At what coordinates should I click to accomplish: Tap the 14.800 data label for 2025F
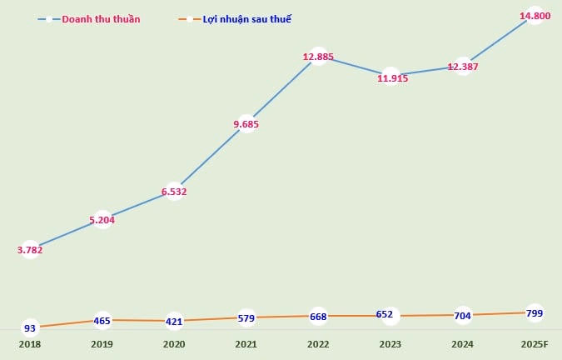click(x=535, y=15)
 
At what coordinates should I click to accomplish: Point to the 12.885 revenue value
click(x=318, y=57)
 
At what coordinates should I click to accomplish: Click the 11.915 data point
click(x=390, y=77)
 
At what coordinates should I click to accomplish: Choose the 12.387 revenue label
click(x=463, y=66)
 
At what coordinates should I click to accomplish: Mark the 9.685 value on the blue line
click(x=246, y=124)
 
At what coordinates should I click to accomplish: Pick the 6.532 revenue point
click(x=173, y=191)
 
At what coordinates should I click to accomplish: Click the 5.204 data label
click(x=102, y=220)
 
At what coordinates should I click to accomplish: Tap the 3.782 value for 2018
click(x=30, y=249)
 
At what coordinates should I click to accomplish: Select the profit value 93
click(x=30, y=328)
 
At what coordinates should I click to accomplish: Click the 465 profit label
click(x=102, y=320)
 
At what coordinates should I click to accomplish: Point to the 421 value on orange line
click(x=173, y=321)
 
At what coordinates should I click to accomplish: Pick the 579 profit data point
click(x=246, y=317)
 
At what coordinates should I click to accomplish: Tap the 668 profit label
click(x=318, y=316)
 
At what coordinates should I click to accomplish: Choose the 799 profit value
click(x=535, y=313)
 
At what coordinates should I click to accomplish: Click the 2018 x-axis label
click(x=30, y=344)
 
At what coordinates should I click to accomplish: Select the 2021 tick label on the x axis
click(x=246, y=344)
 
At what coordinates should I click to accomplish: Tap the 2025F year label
click(x=535, y=344)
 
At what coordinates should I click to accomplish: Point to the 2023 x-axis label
click(x=390, y=344)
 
